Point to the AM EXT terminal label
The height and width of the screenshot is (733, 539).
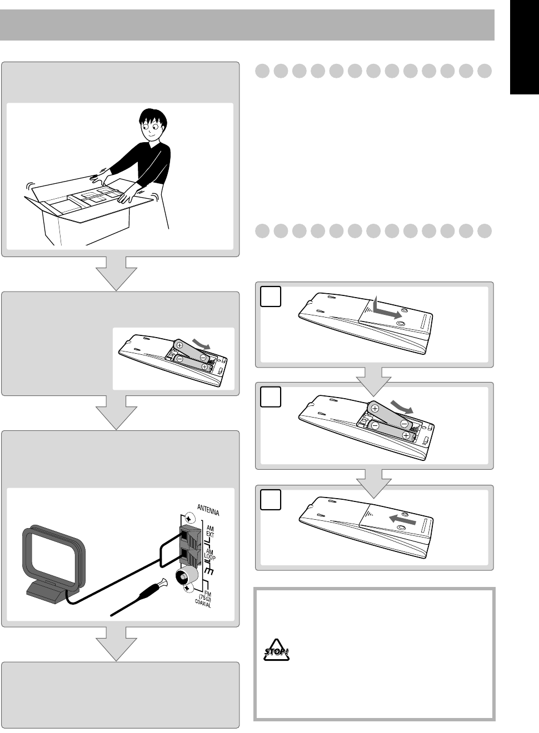click(x=210, y=531)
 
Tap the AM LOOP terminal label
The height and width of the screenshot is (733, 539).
click(x=210, y=556)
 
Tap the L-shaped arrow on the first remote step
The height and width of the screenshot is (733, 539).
click(x=384, y=309)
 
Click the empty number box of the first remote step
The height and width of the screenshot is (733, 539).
click(x=271, y=296)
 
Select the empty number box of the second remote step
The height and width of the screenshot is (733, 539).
click(x=271, y=396)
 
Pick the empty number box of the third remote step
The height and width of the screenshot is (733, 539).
click(x=271, y=500)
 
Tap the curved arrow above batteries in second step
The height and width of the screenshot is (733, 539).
click(x=402, y=404)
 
